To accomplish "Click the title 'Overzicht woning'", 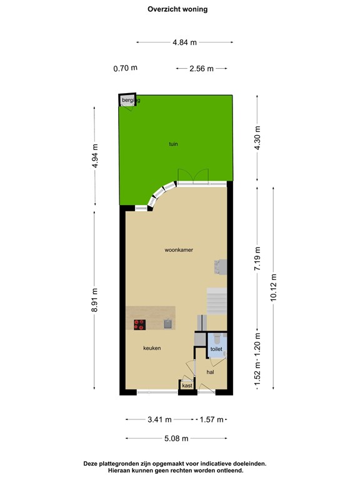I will click(x=177, y=9).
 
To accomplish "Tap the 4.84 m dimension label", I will click(x=185, y=42).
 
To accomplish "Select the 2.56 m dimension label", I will click(x=201, y=69).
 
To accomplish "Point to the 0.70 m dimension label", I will click(x=125, y=68).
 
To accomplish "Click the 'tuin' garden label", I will click(x=173, y=144).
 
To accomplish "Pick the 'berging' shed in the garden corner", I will click(x=129, y=100).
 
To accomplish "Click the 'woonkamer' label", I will click(x=179, y=249).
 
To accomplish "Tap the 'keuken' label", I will click(x=152, y=348).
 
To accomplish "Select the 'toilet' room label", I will click(x=216, y=349).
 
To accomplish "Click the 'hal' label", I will click(x=211, y=372).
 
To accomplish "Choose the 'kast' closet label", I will click(x=187, y=386).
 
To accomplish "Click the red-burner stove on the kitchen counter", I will click(x=139, y=324).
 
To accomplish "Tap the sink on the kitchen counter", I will click(x=167, y=323).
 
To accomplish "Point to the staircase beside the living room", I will click(x=216, y=302).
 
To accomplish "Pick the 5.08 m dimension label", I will click(x=176, y=439).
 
